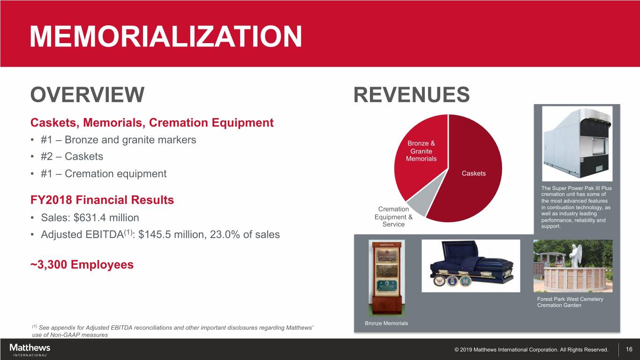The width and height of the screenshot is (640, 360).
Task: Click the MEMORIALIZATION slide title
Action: pos(166,36)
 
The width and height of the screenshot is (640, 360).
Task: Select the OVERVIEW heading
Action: pos(87,95)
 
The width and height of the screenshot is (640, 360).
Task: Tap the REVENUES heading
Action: pos(412,95)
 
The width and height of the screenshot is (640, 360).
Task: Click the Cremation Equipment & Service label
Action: pos(393,217)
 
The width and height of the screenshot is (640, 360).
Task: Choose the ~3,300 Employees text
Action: pos(82,264)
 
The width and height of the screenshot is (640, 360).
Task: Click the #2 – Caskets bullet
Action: pos(72,157)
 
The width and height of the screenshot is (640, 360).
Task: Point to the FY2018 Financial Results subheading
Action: pos(102,200)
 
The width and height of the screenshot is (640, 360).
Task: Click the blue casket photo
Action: pos(471,266)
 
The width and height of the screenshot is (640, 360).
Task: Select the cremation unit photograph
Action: pos(577,144)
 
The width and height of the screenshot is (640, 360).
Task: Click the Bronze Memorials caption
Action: pos(386,323)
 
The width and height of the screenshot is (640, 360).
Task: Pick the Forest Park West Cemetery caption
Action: pos(570,302)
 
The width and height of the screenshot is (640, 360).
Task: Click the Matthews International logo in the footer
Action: pos(30,350)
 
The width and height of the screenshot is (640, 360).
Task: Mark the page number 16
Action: pos(629,349)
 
